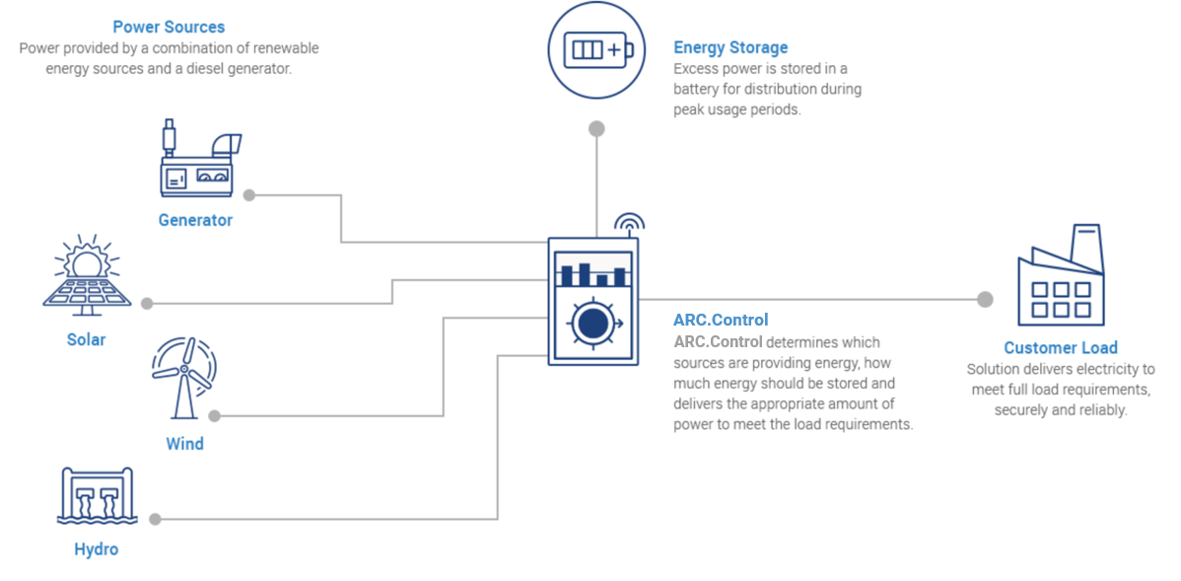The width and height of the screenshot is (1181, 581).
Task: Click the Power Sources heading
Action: (169, 27)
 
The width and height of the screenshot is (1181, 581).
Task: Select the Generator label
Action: (195, 220)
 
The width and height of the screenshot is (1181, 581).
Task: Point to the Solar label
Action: (86, 339)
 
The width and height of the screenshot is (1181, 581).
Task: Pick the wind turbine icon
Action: (183, 380)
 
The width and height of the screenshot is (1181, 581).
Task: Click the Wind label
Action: (184, 444)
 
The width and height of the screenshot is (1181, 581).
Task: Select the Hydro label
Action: (96, 549)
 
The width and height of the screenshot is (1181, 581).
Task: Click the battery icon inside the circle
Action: (596, 49)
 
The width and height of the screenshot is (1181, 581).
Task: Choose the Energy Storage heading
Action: (730, 47)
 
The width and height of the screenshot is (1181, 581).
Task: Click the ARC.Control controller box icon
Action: (593, 302)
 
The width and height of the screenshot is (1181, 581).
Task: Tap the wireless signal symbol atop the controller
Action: (628, 223)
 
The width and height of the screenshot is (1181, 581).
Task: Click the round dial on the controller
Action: (592, 325)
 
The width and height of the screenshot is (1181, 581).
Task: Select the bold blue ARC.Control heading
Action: (721, 320)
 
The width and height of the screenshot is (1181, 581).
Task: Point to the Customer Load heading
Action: (1061, 347)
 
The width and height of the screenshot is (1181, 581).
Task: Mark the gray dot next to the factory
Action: (984, 300)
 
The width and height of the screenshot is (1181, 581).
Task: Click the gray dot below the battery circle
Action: (596, 128)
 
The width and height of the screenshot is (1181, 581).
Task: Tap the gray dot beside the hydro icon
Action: (155, 519)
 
